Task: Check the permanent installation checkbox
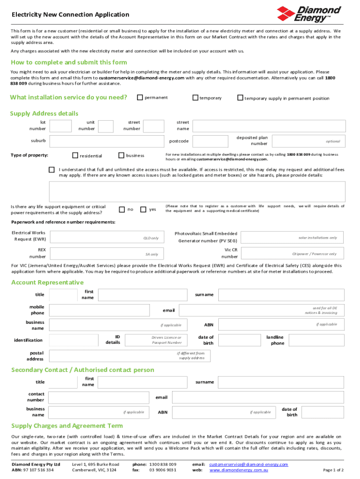click(x=139, y=97)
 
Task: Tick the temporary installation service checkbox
click(x=195, y=98)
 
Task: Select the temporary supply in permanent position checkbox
click(x=240, y=98)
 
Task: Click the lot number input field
click(x=60, y=126)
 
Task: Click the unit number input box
click(x=106, y=126)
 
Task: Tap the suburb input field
click(x=107, y=141)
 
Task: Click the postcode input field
click(x=212, y=141)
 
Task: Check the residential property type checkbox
click(x=75, y=155)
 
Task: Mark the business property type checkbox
click(x=121, y=155)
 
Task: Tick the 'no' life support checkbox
click(x=122, y=210)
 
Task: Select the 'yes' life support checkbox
click(x=144, y=210)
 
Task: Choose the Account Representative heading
click(x=47, y=283)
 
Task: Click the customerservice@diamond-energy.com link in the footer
click(x=248, y=464)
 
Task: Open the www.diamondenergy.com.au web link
click(x=238, y=470)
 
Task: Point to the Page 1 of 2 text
click(x=333, y=470)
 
